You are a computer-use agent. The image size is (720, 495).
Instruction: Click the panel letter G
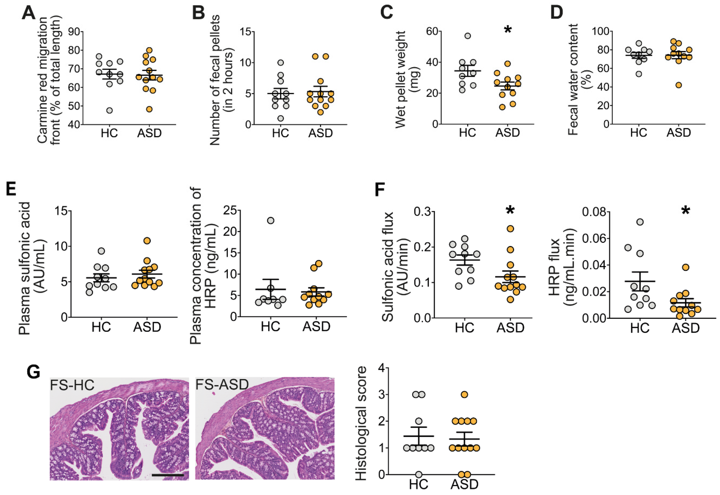pyautogui.click(x=33, y=371)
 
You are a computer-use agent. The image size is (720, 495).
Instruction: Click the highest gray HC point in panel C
pyautogui.click(x=468, y=36)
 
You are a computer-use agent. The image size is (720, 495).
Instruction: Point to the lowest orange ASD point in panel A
pyautogui.click(x=149, y=109)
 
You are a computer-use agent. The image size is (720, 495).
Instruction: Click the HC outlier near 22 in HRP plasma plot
pyautogui.click(x=271, y=220)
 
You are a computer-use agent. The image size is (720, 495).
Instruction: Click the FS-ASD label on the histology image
pyautogui.click(x=222, y=385)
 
